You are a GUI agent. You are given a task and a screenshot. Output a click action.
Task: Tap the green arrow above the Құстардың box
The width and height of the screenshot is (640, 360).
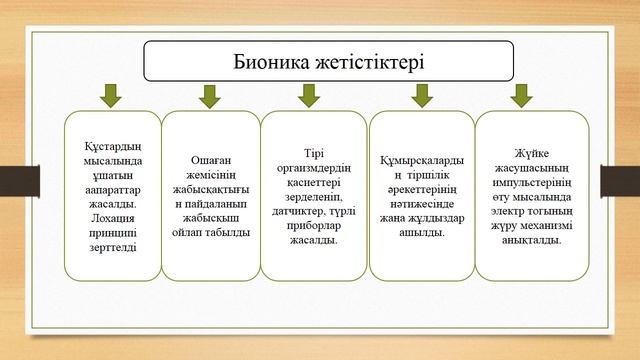tap(109, 96)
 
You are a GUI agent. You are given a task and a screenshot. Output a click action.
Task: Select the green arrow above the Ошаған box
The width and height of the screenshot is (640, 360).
tap(209, 96)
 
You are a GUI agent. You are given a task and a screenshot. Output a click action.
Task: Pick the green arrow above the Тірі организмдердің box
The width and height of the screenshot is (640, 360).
tap(309, 96)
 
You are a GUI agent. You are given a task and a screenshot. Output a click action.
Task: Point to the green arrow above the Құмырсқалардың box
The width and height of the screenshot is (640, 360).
tap(421, 96)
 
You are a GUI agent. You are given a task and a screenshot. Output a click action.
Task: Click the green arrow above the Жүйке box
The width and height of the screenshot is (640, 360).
tap(520, 96)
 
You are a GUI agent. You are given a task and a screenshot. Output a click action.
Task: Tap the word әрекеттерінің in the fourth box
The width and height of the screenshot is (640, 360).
tap(421, 189)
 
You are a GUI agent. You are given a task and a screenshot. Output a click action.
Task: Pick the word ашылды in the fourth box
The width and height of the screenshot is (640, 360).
tap(421, 232)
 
